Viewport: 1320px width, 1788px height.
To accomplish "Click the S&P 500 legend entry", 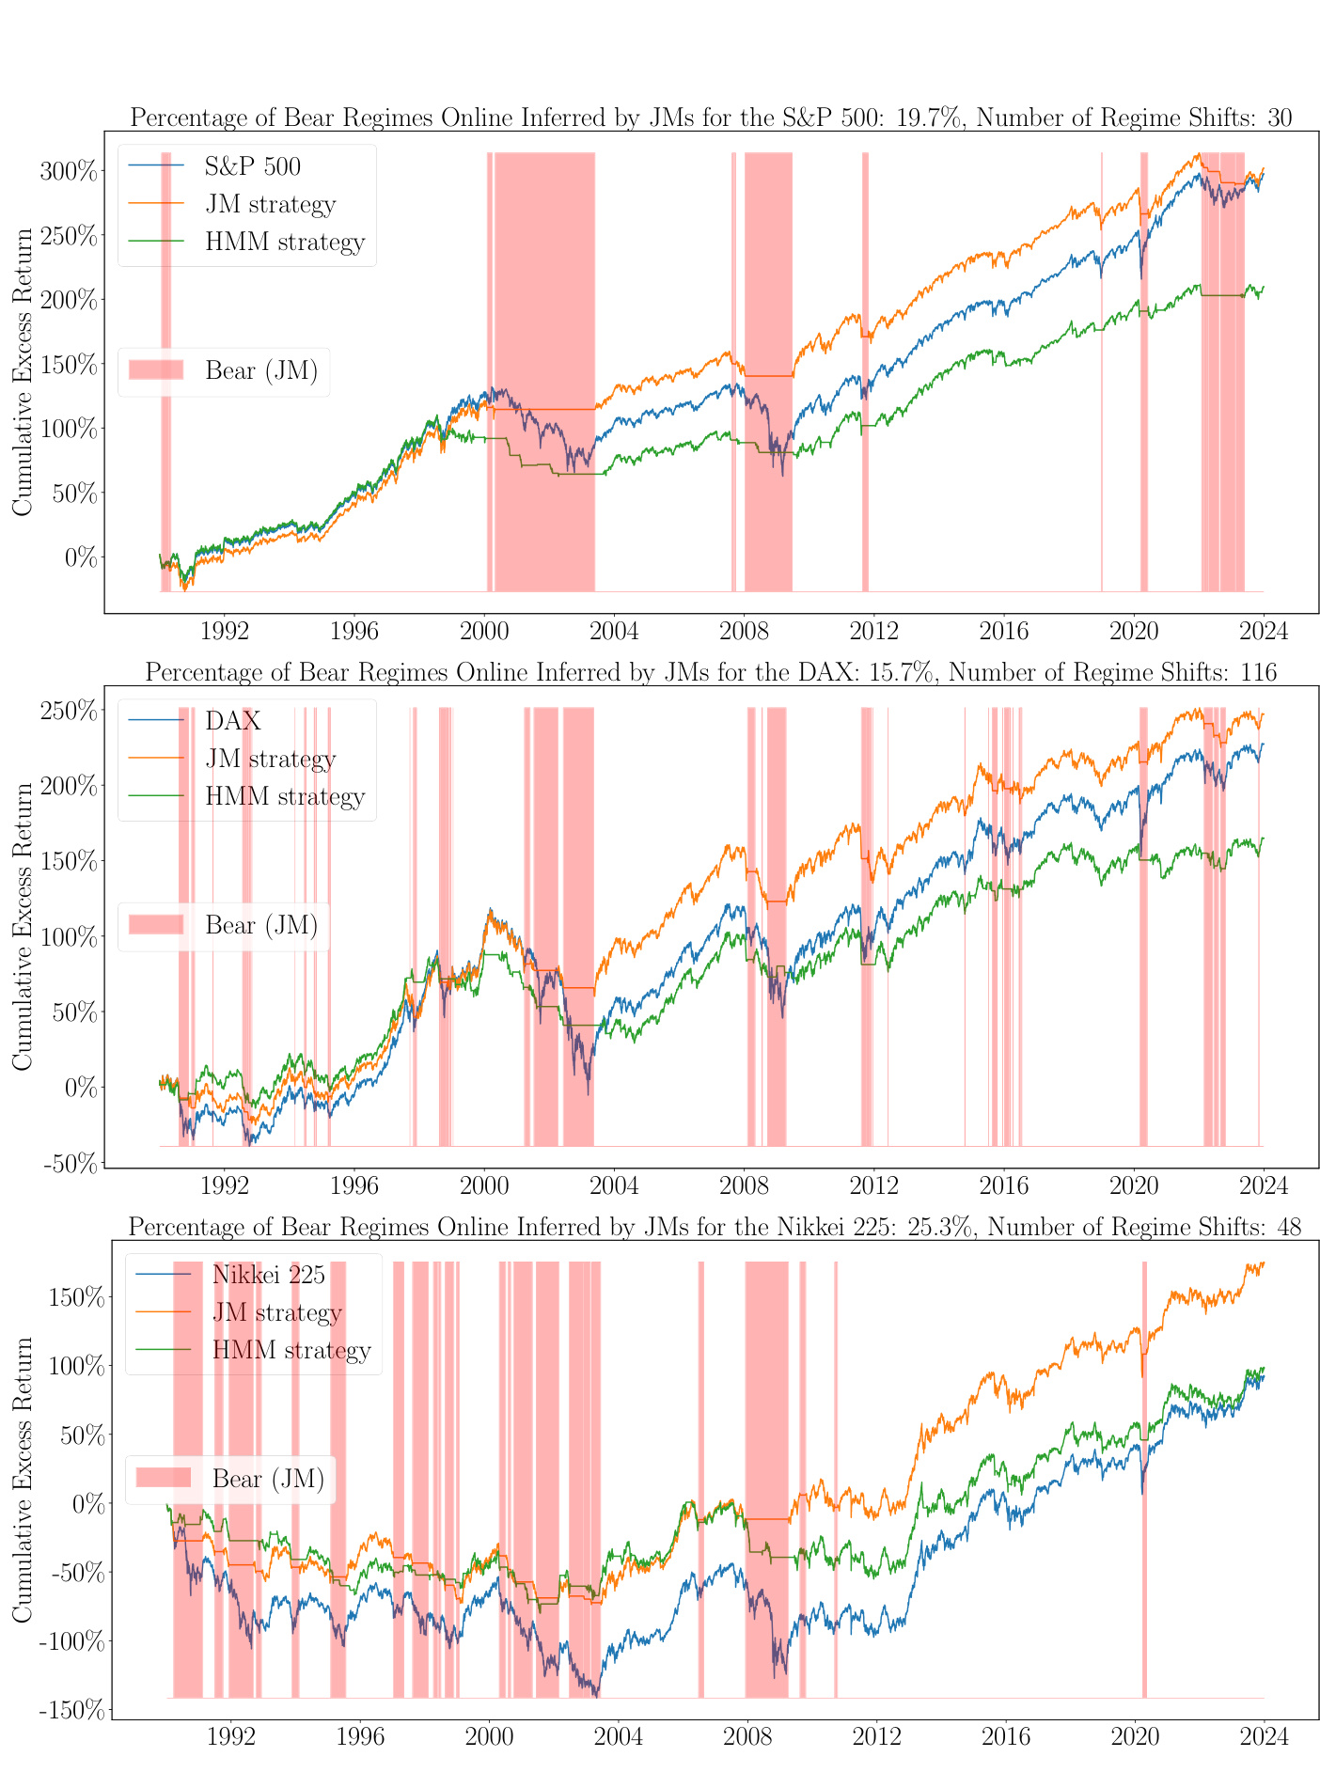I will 252,167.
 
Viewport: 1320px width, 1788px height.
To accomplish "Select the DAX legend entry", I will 232,721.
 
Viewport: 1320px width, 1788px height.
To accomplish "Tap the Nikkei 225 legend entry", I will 268,1275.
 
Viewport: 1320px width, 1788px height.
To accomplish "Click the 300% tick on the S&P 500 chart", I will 69,171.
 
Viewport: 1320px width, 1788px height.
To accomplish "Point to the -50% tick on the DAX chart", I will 71,1164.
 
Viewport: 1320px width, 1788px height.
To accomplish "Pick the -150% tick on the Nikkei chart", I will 71,1710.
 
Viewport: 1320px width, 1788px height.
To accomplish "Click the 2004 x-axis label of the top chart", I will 614,631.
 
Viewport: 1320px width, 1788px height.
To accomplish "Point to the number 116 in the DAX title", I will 1258,673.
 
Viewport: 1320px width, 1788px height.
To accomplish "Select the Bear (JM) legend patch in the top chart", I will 156,370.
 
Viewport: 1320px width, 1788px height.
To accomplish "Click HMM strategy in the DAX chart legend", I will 284,796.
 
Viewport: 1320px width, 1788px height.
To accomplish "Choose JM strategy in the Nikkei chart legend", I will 276,1312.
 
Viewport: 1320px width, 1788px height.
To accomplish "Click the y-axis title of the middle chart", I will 23,926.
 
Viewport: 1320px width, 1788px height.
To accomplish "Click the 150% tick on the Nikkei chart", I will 75,1297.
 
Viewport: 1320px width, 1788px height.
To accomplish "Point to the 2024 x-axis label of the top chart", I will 1263,631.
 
